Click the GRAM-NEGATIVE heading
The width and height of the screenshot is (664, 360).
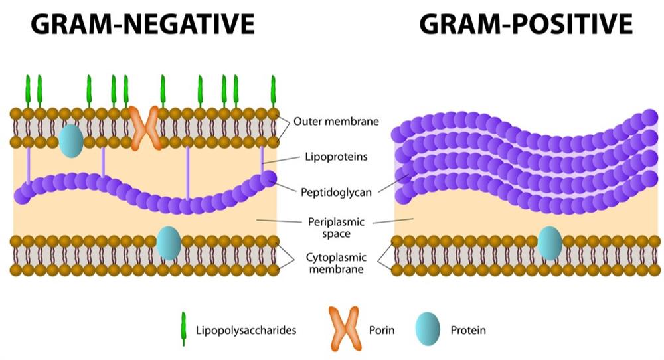(143, 25)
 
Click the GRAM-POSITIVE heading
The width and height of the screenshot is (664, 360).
(525, 25)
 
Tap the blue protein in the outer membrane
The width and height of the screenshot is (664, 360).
(70, 140)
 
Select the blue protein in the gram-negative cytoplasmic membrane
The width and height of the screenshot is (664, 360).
(169, 243)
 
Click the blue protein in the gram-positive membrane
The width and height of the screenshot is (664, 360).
(549, 243)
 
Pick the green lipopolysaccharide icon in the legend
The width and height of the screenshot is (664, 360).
(182, 329)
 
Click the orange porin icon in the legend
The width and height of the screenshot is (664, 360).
(343, 329)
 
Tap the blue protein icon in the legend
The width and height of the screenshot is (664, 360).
(428, 329)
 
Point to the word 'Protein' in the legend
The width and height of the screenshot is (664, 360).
(468, 329)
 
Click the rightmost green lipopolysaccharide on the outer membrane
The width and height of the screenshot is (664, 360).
(273, 92)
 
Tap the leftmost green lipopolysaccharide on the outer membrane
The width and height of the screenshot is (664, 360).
(28, 92)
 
